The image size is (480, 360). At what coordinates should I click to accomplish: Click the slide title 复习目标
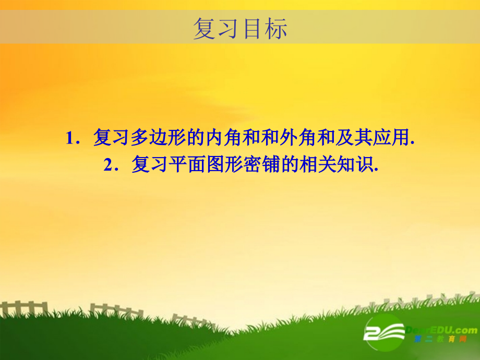(x=240, y=29)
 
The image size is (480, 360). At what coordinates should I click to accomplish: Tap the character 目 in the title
(x=252, y=29)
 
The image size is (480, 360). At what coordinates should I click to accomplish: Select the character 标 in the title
(x=275, y=29)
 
